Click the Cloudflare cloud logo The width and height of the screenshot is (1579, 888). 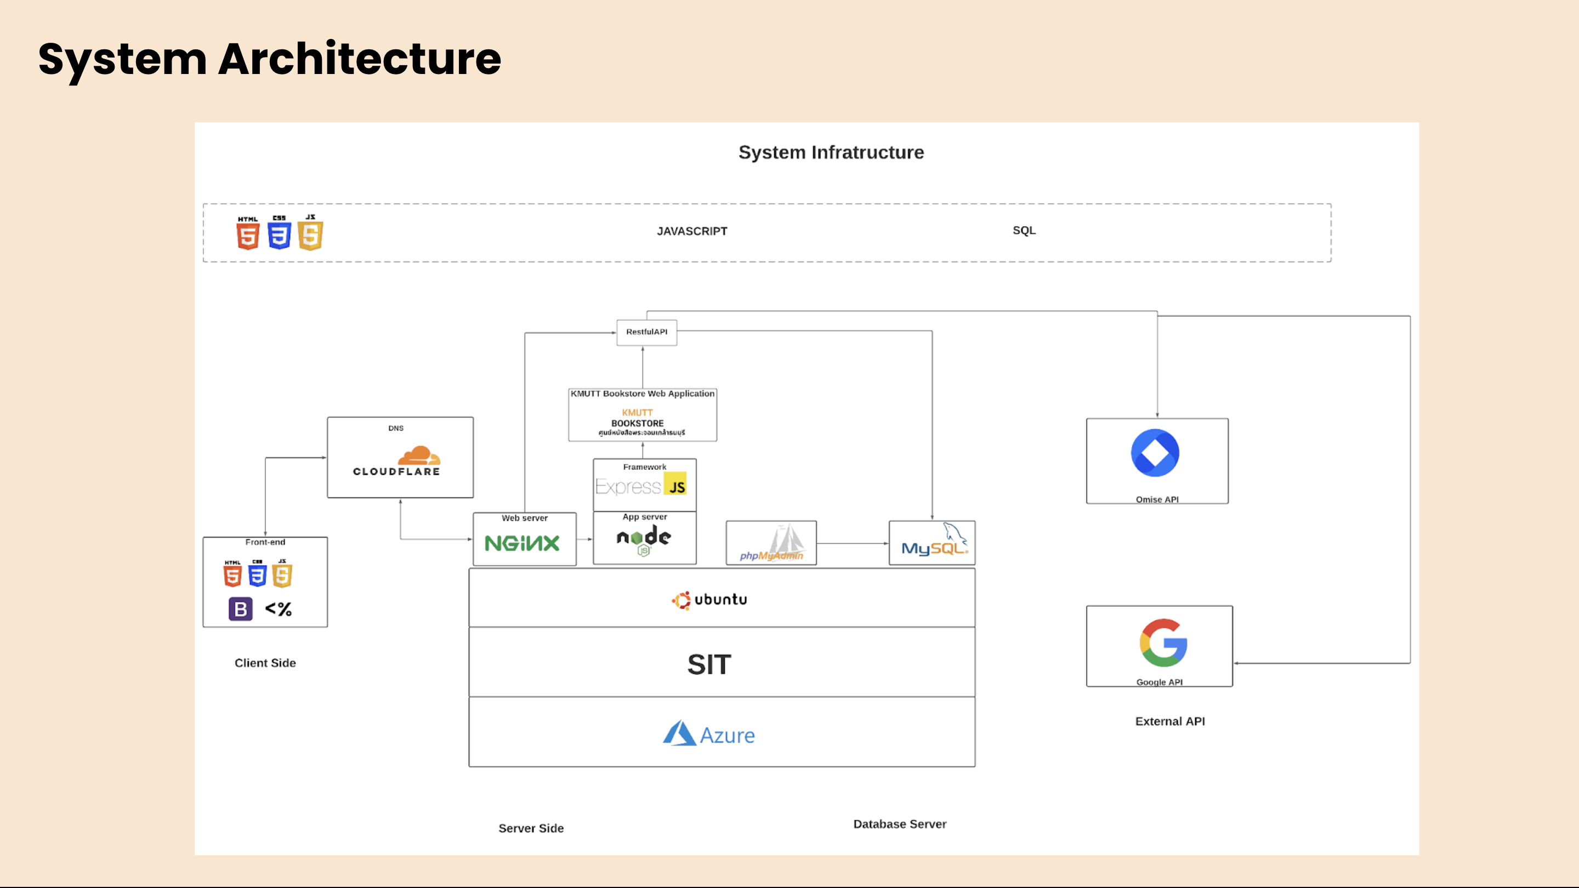point(419,456)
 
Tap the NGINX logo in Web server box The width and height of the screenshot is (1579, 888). point(522,543)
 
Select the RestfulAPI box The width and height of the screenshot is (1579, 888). point(647,332)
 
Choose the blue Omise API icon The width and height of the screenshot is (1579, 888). point(1155,453)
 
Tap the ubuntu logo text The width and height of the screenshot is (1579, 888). point(710,599)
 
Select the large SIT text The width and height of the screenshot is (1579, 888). point(709,664)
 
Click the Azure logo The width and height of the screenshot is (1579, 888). point(709,733)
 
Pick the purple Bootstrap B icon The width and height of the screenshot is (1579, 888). point(240,609)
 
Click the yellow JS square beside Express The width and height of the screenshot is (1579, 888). point(676,484)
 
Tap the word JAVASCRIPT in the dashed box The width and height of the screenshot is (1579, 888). point(692,231)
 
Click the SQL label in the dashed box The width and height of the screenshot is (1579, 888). point(1024,230)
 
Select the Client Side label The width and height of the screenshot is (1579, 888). point(265,663)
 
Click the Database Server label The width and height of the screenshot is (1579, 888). point(900,824)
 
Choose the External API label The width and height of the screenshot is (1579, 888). point(1169,721)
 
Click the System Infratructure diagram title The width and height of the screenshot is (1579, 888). point(831,152)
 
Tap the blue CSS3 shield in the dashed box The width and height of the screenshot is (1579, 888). point(279,234)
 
